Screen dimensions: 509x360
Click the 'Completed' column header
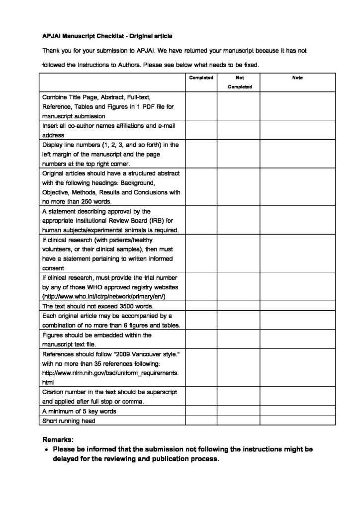pyautogui.click(x=201, y=78)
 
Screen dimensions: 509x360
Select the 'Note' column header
pyautogui.click(x=297, y=78)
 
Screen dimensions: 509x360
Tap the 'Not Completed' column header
pyautogui.click(x=240, y=83)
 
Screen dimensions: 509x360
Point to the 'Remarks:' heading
pyautogui.click(x=58, y=440)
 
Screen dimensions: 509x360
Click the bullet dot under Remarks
pyautogui.click(x=46, y=450)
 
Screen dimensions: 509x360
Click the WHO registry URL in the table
pyautogui.click(x=104, y=297)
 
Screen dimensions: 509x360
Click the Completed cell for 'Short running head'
pyautogui.click(x=201, y=421)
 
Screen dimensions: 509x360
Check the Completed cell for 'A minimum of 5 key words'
pyautogui.click(x=201, y=411)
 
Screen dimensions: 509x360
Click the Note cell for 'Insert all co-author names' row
pyautogui.click(x=297, y=130)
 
